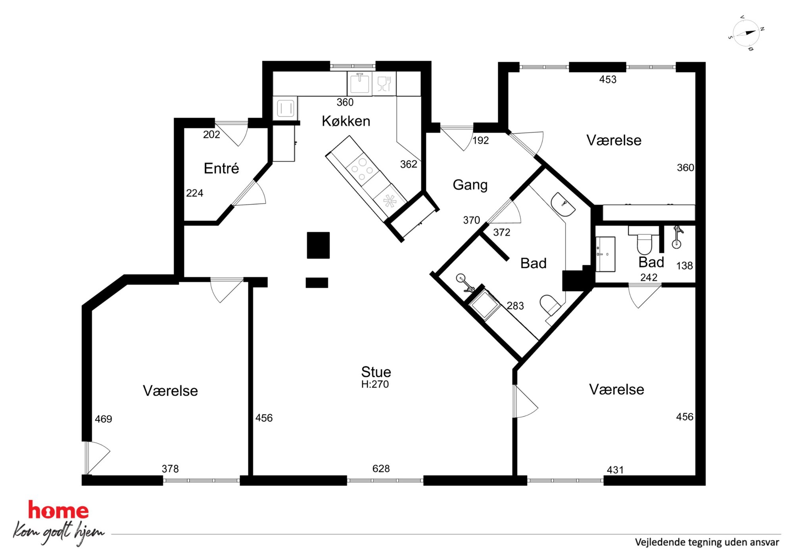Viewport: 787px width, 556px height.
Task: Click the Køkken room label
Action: coord(346,121)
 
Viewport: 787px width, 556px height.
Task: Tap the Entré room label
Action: coord(221,168)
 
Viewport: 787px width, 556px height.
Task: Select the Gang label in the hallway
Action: coord(470,185)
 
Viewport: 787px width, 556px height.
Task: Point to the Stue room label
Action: coord(376,372)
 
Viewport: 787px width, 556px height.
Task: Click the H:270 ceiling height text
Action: coord(375,384)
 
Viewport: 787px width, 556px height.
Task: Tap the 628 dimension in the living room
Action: coord(381,469)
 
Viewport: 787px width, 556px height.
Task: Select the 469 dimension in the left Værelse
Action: coord(104,419)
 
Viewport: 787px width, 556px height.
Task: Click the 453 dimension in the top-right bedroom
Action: coord(608,80)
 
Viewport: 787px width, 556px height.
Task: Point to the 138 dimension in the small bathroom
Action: coord(684,266)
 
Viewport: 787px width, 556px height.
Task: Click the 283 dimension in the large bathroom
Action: coord(515,306)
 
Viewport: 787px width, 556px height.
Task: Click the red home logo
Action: coord(58,510)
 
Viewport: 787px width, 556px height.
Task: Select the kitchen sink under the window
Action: coord(359,83)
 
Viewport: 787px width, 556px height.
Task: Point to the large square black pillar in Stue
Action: coord(318,245)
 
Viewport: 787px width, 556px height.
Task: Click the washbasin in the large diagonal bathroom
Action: coord(563,204)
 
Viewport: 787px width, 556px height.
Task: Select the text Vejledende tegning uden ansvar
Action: coord(707,542)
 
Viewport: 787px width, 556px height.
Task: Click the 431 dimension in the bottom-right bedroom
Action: coord(615,470)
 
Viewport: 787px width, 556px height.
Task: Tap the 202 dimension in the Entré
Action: coord(211,135)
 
